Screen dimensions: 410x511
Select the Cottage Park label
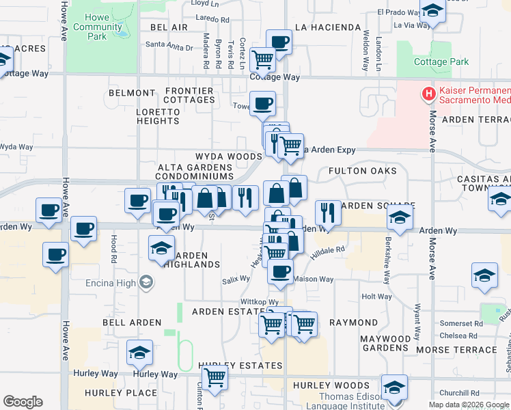[x=441, y=61]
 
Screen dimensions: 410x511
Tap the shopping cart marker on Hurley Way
[x=215, y=376]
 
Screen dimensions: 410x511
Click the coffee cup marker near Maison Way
[x=279, y=271]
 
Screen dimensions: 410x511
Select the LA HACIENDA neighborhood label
[x=327, y=27]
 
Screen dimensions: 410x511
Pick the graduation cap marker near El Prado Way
[x=432, y=11]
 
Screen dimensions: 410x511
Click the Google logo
[x=23, y=402]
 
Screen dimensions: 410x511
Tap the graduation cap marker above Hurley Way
[x=139, y=353]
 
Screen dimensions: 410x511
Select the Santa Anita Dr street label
[x=169, y=47]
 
